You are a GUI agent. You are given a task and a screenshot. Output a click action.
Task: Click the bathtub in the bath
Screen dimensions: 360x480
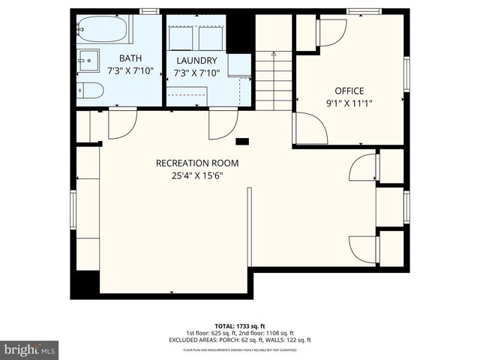(102, 30)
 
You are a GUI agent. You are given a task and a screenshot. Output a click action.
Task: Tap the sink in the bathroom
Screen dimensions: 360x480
(88, 58)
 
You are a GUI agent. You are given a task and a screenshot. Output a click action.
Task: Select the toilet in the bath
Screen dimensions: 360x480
(90, 91)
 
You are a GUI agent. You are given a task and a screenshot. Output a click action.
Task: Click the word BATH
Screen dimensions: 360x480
(130, 58)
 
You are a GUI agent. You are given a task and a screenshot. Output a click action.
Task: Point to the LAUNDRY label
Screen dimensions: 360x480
(196, 61)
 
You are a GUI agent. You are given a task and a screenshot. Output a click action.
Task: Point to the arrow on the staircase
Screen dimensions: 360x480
(274, 54)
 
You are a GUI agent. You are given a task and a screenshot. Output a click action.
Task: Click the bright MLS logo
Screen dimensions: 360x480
(30, 349)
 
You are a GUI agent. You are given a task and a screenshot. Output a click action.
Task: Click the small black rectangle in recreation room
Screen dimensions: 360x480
(241, 140)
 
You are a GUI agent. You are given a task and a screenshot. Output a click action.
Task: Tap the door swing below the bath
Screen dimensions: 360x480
(122, 124)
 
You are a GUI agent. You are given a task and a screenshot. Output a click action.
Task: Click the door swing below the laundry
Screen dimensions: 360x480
(223, 124)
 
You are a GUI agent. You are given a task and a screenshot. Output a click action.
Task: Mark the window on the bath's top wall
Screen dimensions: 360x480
(150, 10)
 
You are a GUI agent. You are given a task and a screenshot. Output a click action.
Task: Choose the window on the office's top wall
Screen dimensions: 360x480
(364, 10)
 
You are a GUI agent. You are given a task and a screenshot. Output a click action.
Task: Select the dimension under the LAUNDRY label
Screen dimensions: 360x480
(196, 73)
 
